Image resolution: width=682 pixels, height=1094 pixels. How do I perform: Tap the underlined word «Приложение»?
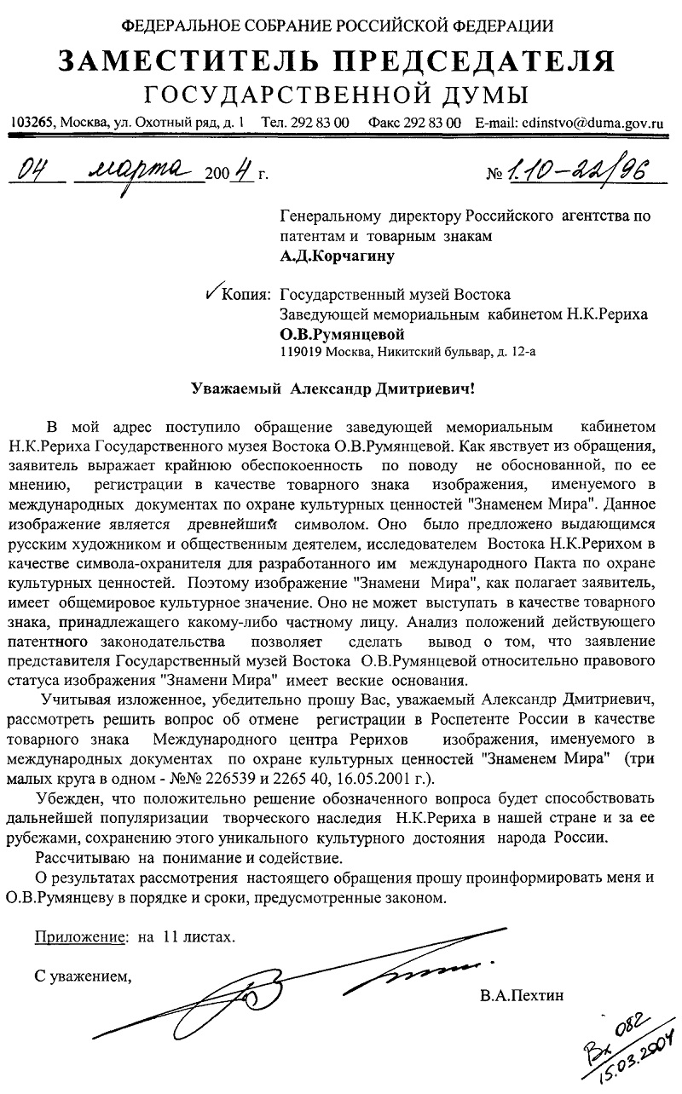point(80,937)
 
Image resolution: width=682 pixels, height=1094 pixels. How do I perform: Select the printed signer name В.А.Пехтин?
point(522,994)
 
